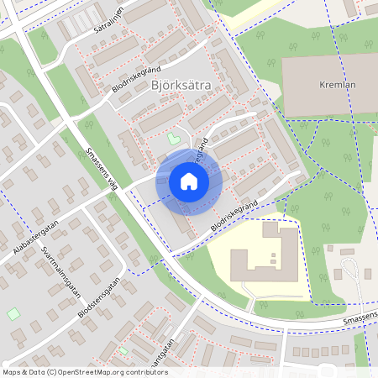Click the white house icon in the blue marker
tap(189, 181)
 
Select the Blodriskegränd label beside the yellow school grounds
tap(234, 215)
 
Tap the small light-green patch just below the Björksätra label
tap(174, 138)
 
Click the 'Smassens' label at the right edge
tap(360, 316)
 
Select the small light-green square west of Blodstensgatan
tap(13, 314)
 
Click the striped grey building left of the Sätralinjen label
tap(85, 20)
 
